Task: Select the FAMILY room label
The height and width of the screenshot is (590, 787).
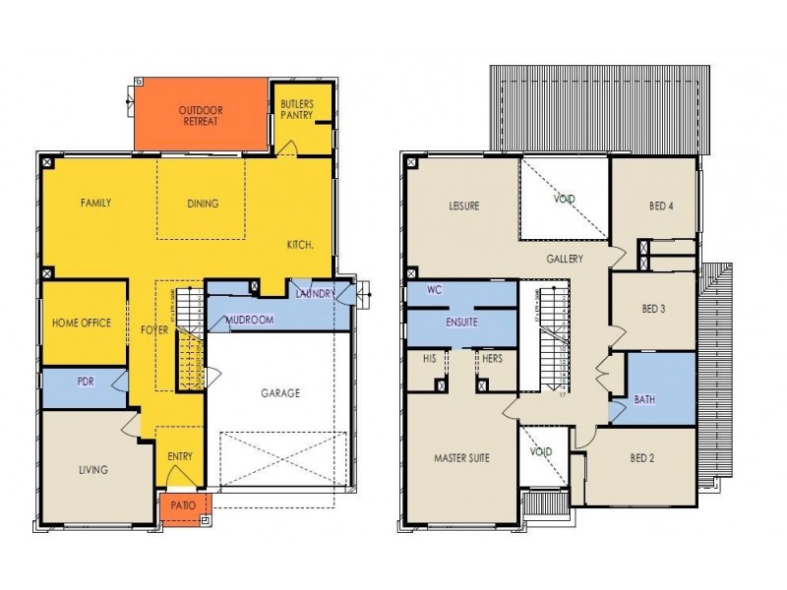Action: [95, 204]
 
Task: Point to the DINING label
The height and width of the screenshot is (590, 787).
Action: [202, 204]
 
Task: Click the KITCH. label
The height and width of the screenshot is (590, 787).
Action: [300, 244]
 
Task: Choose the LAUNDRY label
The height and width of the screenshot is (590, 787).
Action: [316, 293]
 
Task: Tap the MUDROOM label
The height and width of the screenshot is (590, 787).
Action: [249, 320]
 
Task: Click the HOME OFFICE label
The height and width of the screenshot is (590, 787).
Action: [82, 323]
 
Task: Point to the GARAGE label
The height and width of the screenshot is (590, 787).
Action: [280, 392]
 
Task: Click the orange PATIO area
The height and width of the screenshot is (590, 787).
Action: [183, 505]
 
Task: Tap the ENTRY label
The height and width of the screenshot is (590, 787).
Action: [180, 455]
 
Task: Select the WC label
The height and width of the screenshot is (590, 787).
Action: [434, 291]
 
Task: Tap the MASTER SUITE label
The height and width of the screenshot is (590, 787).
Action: [461, 457]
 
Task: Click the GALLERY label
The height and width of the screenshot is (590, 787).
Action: [565, 260]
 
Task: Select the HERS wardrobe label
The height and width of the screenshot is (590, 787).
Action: [492, 359]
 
